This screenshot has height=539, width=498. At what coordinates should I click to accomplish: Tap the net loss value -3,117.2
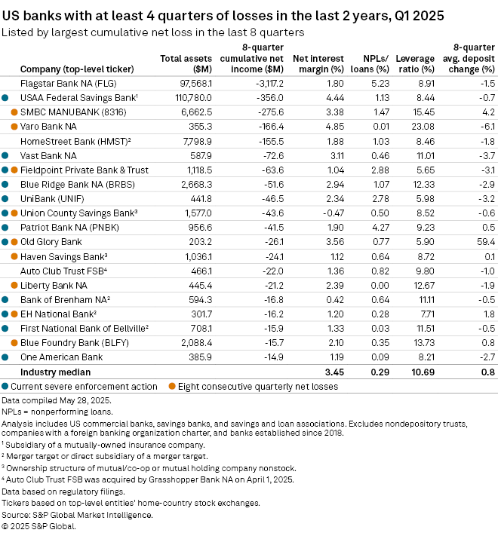pyautogui.click(x=260, y=83)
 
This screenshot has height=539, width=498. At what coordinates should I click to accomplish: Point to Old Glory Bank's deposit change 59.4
pyautogui.click(x=486, y=242)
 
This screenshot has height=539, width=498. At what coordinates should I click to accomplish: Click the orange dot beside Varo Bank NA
pyautogui.click(x=14, y=127)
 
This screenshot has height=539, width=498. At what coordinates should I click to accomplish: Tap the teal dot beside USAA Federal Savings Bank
pyautogui.click(x=5, y=98)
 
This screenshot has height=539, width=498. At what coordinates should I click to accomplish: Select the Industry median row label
pyautogui.click(x=55, y=372)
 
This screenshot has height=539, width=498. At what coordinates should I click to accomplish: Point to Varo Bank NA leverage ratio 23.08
pyautogui.click(x=426, y=126)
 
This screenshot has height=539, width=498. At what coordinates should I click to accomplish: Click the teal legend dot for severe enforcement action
pyautogui.click(x=5, y=387)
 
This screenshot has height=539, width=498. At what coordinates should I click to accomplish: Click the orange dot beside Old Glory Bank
pyautogui.click(x=14, y=242)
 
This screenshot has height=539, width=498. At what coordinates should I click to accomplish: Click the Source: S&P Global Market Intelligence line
pyautogui.click(x=77, y=515)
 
